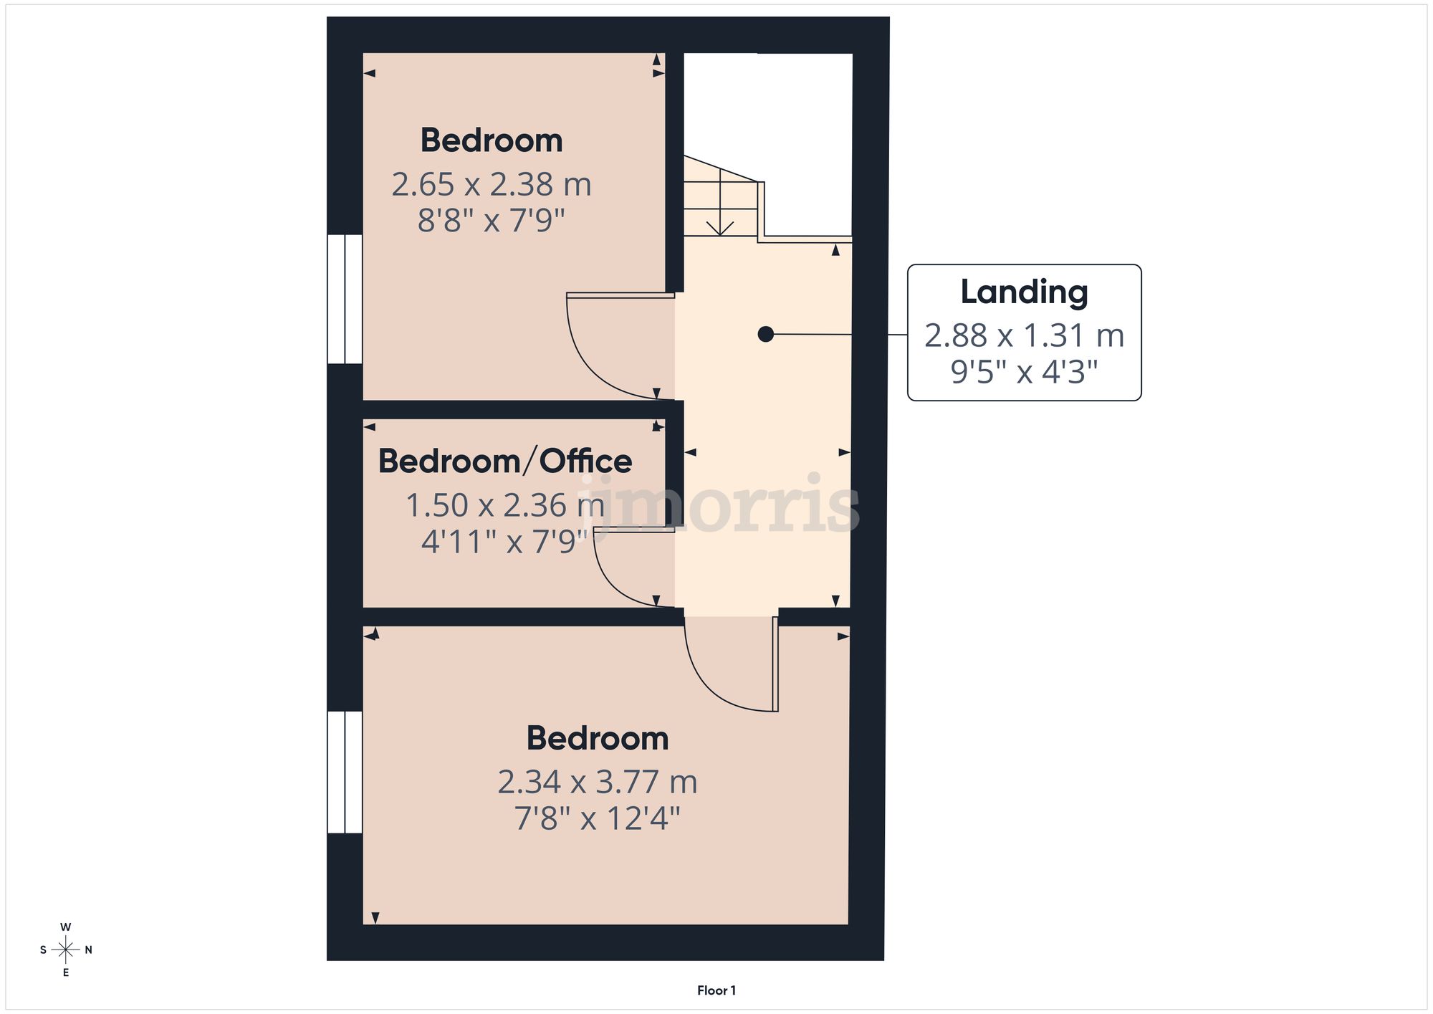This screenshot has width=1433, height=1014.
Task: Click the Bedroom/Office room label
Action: (505, 461)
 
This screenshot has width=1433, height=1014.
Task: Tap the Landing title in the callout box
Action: (1024, 292)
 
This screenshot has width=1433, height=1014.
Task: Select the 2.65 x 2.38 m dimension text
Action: (492, 185)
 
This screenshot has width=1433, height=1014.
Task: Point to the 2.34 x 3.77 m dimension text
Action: (598, 782)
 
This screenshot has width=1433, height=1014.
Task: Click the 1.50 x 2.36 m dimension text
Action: (505, 505)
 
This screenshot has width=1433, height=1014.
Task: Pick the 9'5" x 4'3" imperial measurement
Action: (1024, 372)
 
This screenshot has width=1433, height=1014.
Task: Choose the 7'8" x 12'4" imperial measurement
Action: (598, 818)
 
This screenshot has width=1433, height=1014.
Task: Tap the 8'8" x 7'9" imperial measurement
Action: (492, 221)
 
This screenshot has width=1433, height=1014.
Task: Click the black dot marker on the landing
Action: (765, 334)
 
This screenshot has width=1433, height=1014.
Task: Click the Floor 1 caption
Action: (716, 990)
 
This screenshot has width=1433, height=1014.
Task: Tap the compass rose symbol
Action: (66, 950)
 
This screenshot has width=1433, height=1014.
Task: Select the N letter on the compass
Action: (89, 950)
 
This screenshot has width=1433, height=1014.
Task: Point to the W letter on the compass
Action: (66, 927)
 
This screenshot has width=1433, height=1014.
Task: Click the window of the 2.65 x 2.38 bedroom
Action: (345, 299)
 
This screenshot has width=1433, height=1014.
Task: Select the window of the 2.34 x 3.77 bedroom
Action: (345, 772)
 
